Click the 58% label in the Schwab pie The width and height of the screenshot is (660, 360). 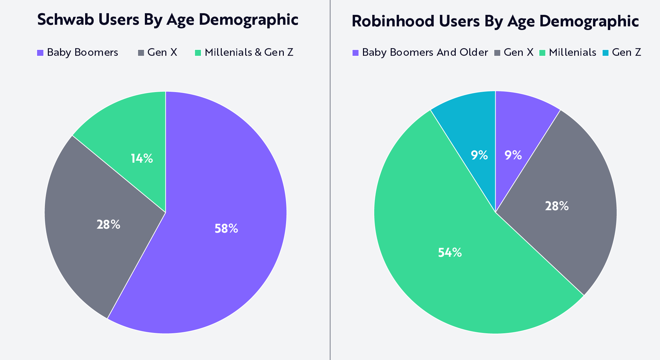226,229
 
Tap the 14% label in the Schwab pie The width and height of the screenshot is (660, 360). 142,159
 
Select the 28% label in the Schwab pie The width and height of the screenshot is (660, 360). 108,225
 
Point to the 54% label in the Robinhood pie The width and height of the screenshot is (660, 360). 450,253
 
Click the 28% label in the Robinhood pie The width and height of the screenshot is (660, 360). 557,206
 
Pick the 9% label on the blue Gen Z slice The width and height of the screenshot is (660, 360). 479,155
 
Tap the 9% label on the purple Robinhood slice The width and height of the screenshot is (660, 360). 513,155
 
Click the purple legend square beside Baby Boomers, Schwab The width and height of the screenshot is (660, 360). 40,53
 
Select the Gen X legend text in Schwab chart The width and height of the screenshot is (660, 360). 162,52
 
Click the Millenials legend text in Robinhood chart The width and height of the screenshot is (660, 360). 573,52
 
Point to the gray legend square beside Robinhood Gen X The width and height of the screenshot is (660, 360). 497,53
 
